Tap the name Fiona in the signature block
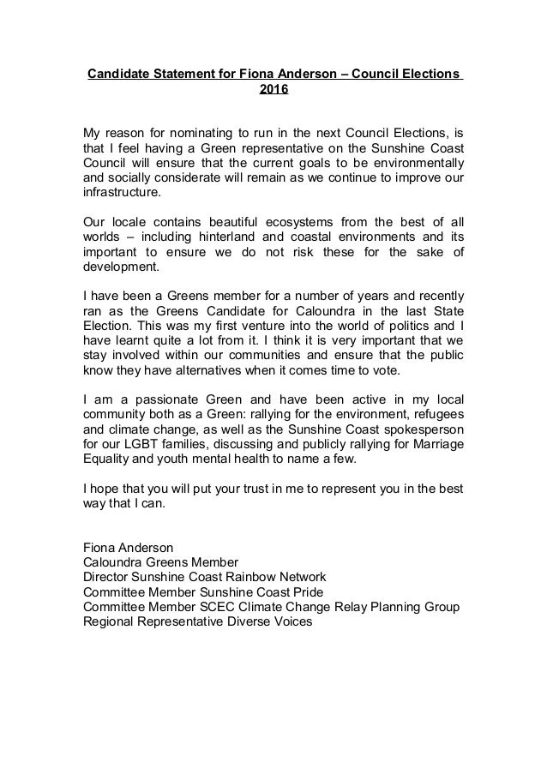99,546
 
